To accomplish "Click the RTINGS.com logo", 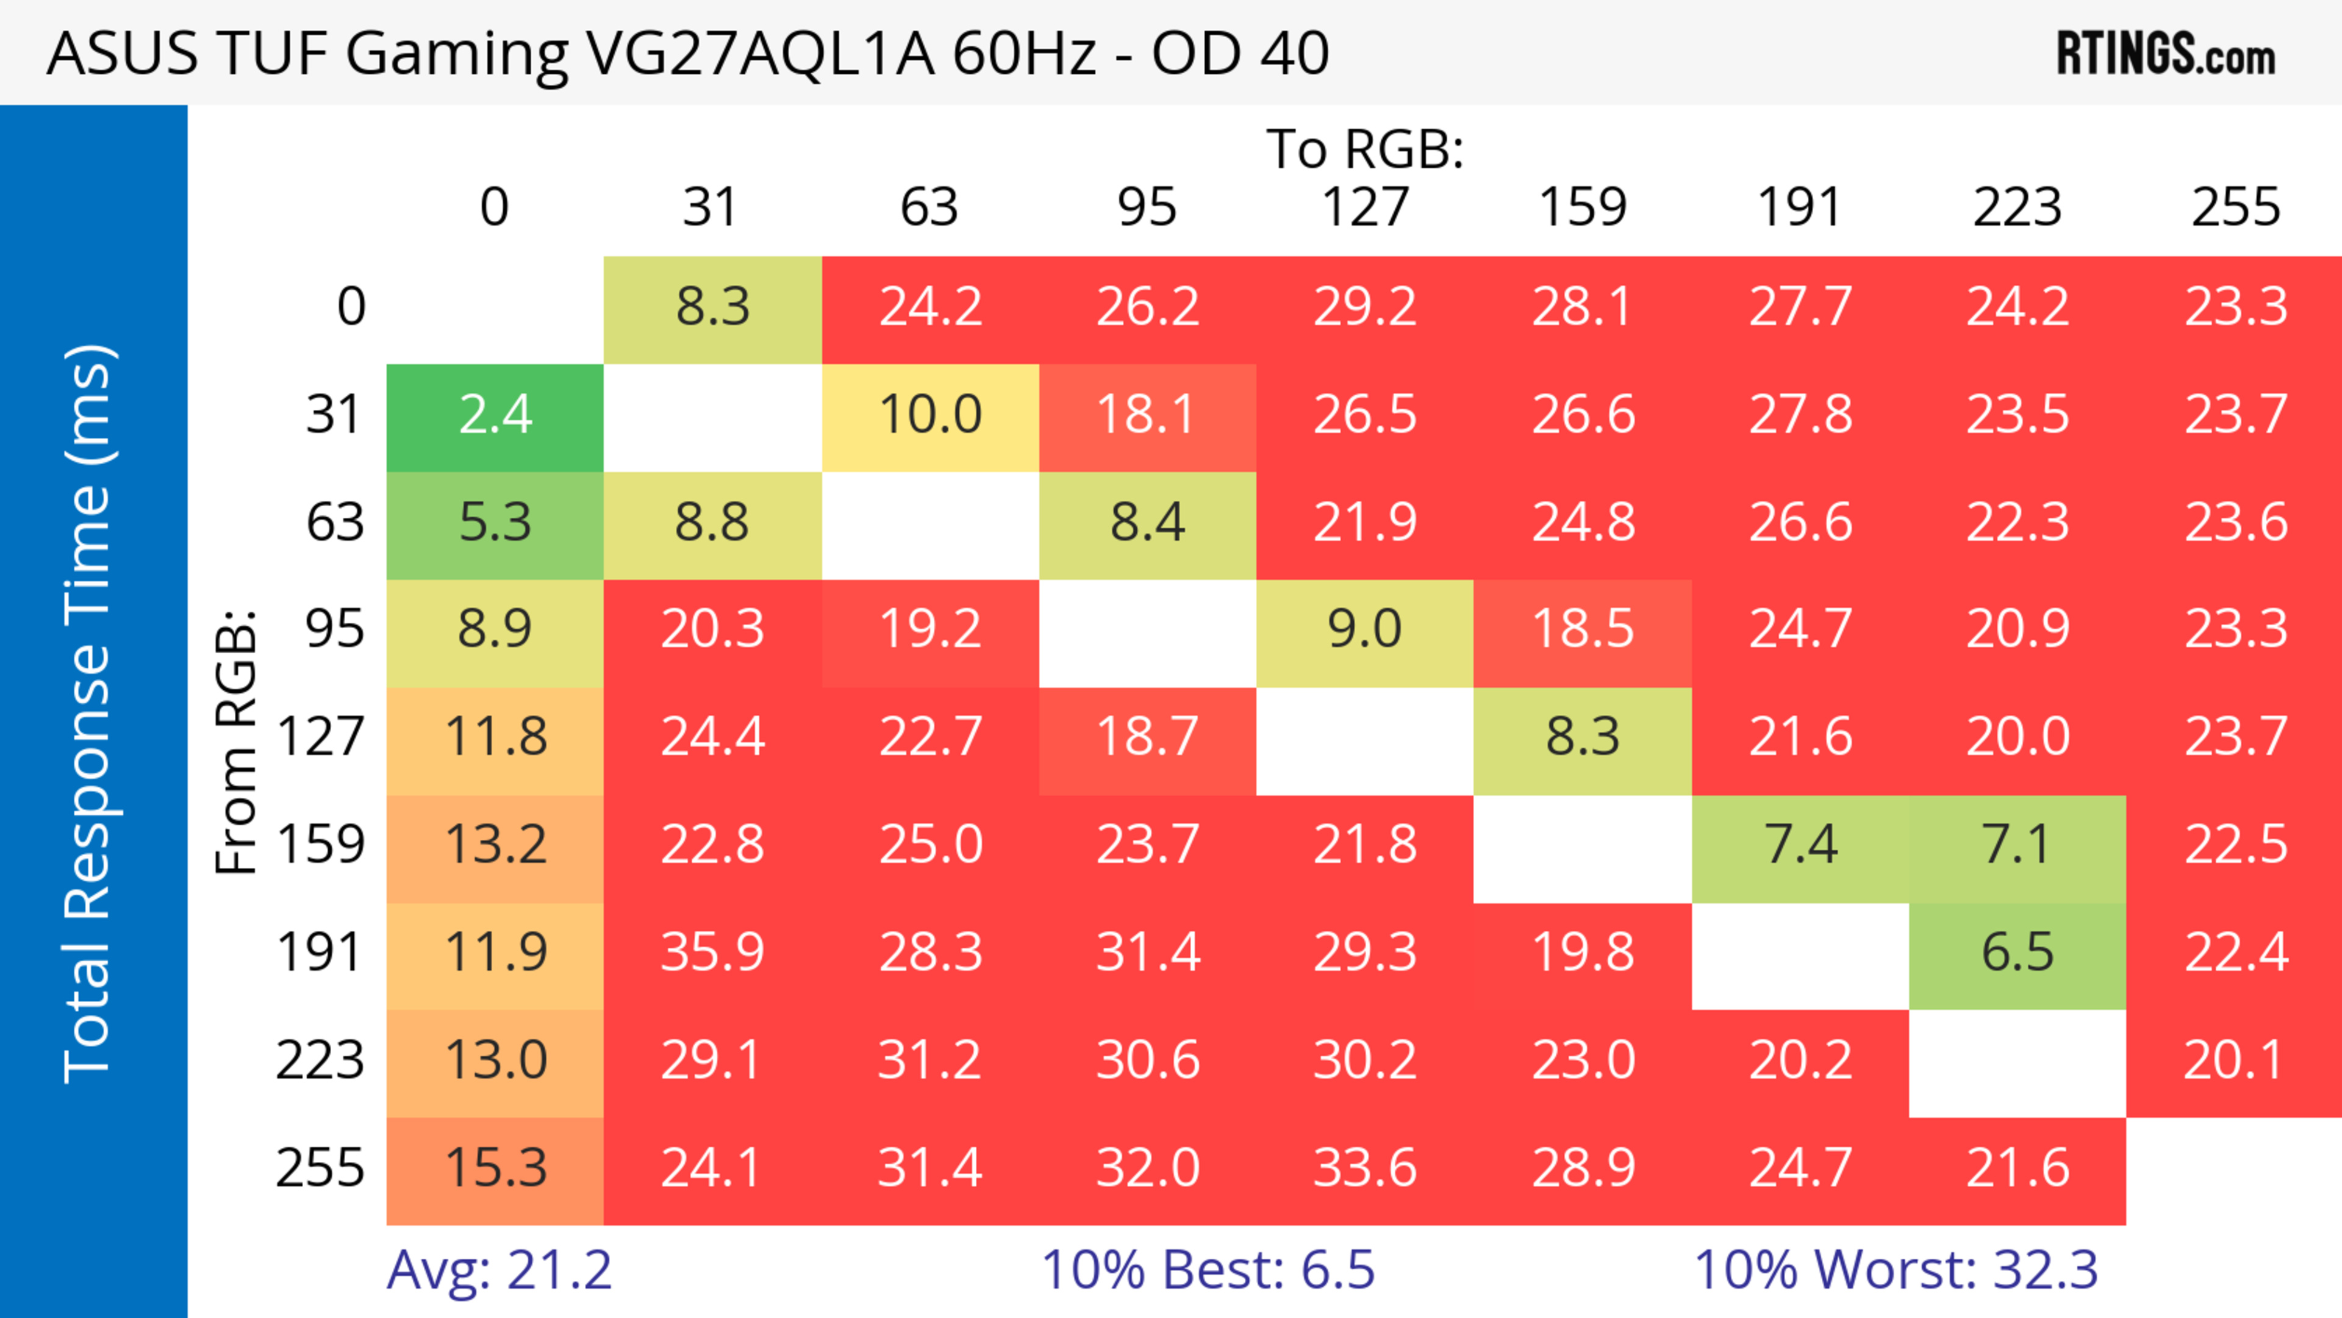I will pos(2166,54).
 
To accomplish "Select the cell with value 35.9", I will pos(712,953).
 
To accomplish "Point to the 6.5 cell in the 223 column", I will pos(2018,953).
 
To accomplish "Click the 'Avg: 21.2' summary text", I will pos(499,1270).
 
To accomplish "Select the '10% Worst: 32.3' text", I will pos(1896,1270).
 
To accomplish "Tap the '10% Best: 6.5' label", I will pos(1208,1270).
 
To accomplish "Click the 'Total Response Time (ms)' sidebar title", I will pos(89,714).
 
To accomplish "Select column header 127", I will pos(1365,208).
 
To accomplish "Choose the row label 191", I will pos(320,953).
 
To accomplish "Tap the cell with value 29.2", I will pos(1365,307).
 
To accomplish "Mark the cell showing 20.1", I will pos(2234,1061).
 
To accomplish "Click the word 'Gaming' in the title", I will pos(456,54).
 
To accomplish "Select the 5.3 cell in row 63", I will pos(495,523).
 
